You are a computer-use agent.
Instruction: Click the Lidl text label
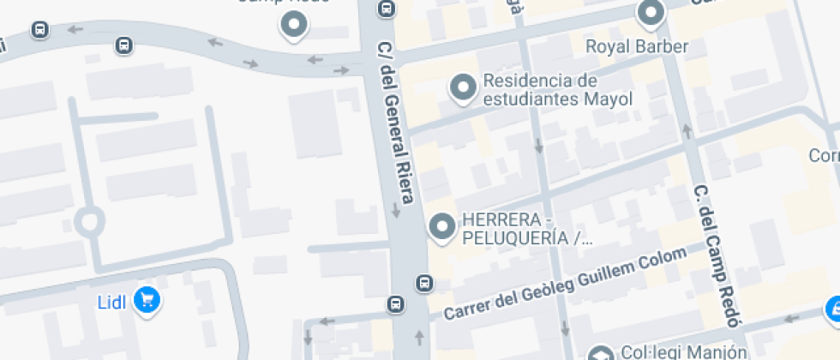[111, 302]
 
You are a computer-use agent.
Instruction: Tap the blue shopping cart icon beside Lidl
[148, 299]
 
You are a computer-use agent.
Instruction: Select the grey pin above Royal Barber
[651, 12]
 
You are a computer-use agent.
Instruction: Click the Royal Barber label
[637, 46]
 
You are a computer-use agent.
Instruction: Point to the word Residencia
[527, 80]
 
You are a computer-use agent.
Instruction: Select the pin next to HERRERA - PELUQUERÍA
[442, 226]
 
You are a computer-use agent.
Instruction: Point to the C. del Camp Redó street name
[717, 255]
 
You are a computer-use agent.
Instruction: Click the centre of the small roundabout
[89, 222]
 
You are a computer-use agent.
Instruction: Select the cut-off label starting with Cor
[825, 156]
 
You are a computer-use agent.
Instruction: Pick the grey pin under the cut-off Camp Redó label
[293, 26]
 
